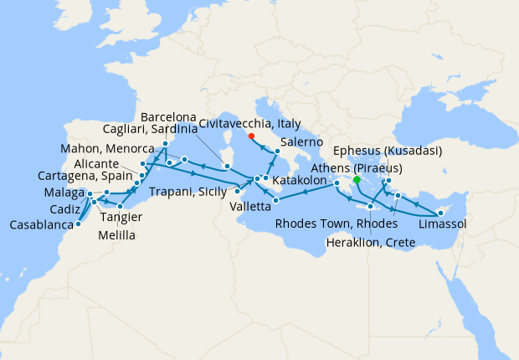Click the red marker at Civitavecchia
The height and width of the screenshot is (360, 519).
click(x=252, y=139)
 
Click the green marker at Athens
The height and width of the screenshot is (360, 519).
click(x=357, y=179)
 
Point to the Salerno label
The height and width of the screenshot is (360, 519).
click(x=303, y=143)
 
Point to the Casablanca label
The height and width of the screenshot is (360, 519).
click(x=41, y=225)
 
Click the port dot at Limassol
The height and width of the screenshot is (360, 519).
click(x=439, y=213)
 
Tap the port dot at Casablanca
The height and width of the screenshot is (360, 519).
click(x=77, y=224)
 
